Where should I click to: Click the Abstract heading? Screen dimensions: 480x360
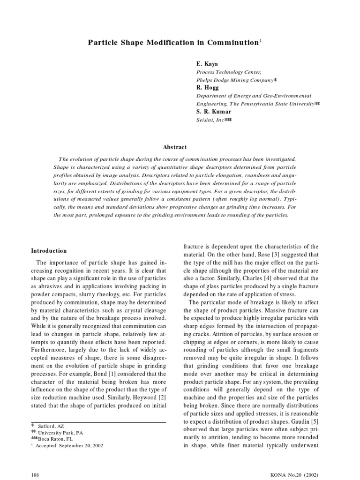coord(175,147)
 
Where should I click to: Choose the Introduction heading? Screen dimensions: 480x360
coord(49,251)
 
